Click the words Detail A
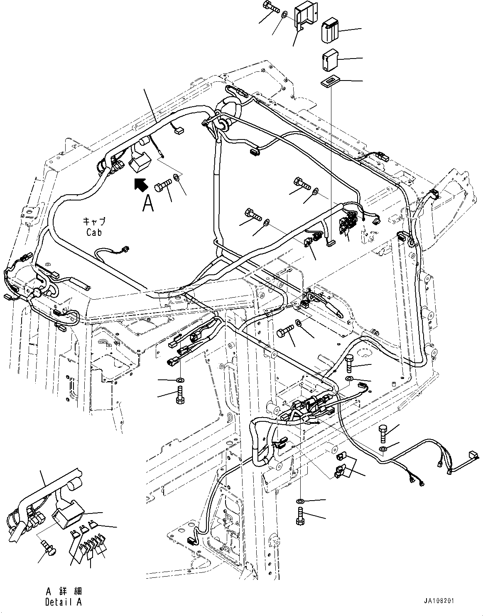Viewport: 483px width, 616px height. (x=64, y=602)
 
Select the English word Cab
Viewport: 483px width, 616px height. (x=94, y=232)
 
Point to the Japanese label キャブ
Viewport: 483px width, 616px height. (x=94, y=222)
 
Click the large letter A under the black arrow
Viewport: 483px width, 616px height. (x=148, y=204)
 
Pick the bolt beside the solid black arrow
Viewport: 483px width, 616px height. (x=164, y=186)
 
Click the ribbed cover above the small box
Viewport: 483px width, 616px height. (x=330, y=29)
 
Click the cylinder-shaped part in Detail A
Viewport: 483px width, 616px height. (x=75, y=486)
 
